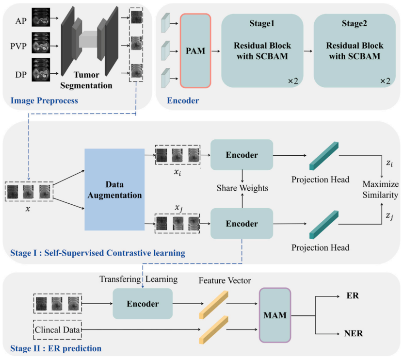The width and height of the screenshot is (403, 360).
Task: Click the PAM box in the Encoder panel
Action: [195, 50]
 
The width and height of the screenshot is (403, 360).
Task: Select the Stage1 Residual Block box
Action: [262, 50]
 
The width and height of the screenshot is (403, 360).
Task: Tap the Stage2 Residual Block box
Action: [354, 50]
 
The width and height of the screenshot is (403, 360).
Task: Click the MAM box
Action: [275, 315]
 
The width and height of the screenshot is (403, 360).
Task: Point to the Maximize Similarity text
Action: [381, 190]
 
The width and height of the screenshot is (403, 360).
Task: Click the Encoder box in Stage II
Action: [143, 304]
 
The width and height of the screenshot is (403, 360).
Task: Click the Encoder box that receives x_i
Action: [242, 155]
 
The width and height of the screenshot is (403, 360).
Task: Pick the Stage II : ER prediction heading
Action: [56, 348]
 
